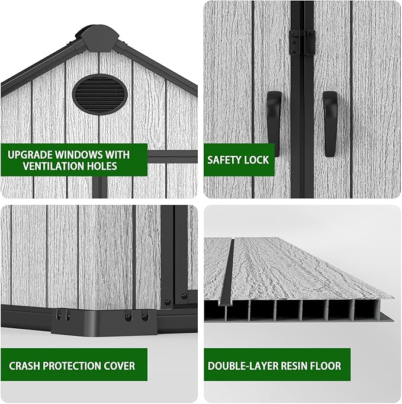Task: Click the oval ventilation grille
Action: pos(100,94)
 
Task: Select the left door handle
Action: pos(274,124)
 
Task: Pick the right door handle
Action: pos(330,124)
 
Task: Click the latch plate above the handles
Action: pos(302,42)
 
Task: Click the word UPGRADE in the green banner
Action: pos(30,155)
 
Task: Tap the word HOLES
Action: pos(102,166)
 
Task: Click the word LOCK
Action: pos(256,160)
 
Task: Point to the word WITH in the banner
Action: pos(117,155)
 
